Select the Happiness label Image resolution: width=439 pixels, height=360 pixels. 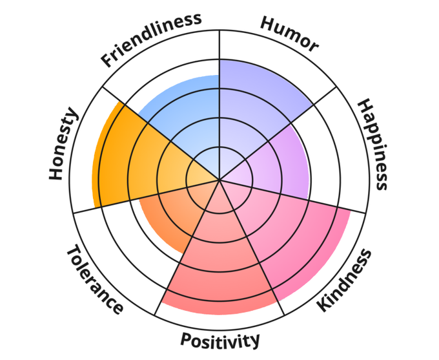[373, 144]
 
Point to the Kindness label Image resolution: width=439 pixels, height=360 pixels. [346, 279]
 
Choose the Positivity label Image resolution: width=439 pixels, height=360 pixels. [220, 339]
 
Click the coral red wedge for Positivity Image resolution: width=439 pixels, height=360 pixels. [219, 265]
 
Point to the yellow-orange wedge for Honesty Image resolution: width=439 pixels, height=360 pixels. [129, 162]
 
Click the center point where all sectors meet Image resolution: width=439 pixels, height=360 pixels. [219, 180]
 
